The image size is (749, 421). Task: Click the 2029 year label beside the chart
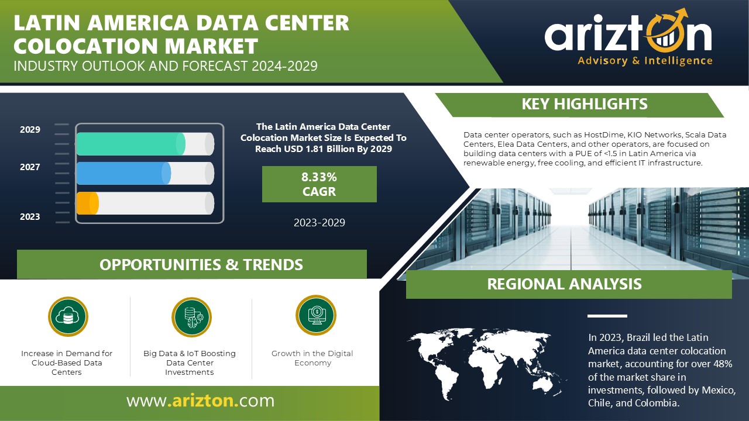point(30,130)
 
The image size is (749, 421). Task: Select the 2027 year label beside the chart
point(30,167)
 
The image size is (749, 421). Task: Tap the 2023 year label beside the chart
point(30,217)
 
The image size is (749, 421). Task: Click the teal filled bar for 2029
point(130,144)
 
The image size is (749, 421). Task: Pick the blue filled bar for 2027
point(123,174)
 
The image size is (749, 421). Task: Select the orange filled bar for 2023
point(88,203)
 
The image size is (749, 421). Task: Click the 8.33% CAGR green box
point(319,184)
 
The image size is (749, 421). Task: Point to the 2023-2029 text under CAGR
point(319,223)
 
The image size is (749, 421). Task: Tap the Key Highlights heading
point(585,104)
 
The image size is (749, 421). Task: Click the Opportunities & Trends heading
point(201,265)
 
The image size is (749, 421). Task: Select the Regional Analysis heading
point(565,284)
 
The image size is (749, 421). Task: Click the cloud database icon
point(68,316)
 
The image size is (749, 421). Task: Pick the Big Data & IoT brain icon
point(191,317)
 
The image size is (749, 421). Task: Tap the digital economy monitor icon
point(316,315)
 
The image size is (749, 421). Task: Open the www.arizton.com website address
point(200,401)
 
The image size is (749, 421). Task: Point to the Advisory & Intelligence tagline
point(645,61)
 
